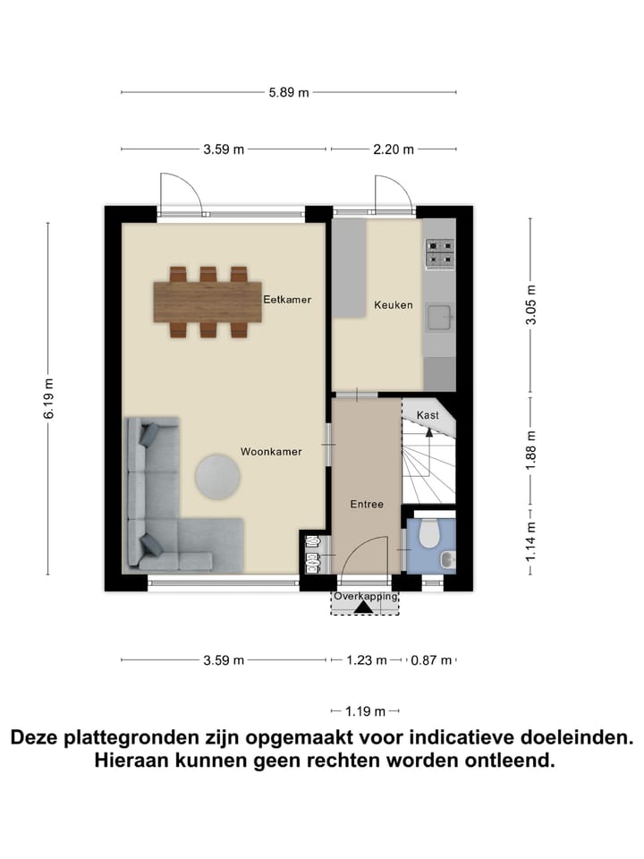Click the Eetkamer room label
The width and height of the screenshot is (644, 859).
point(287,299)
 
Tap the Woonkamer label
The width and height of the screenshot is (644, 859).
point(270,452)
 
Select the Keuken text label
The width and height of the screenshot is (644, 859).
point(394,305)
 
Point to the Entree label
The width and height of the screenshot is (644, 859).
point(367,504)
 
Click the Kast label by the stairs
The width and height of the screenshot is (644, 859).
point(428,415)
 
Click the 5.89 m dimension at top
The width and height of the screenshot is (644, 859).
point(290,92)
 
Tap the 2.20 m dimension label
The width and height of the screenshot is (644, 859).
point(394,149)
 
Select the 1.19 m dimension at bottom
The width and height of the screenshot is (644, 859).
point(365,711)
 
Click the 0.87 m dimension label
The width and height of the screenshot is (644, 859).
point(430,661)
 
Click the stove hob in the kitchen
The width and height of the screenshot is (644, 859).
point(439,253)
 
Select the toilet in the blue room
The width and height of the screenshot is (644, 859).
point(428,534)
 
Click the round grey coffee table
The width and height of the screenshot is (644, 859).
point(217,476)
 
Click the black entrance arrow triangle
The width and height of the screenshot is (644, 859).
point(363,608)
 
